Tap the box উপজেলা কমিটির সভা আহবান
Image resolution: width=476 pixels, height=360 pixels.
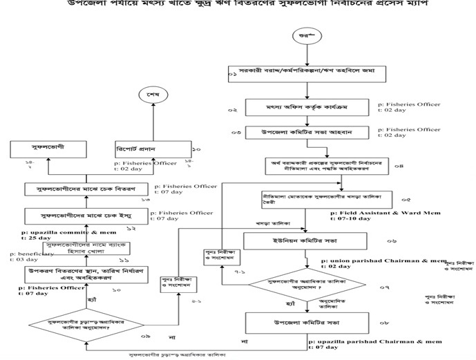click(x=307, y=132)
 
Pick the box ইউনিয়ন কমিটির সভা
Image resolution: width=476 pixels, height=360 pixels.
click(x=305, y=240)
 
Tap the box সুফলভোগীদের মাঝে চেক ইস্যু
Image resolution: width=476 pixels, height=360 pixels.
click(x=77, y=215)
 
